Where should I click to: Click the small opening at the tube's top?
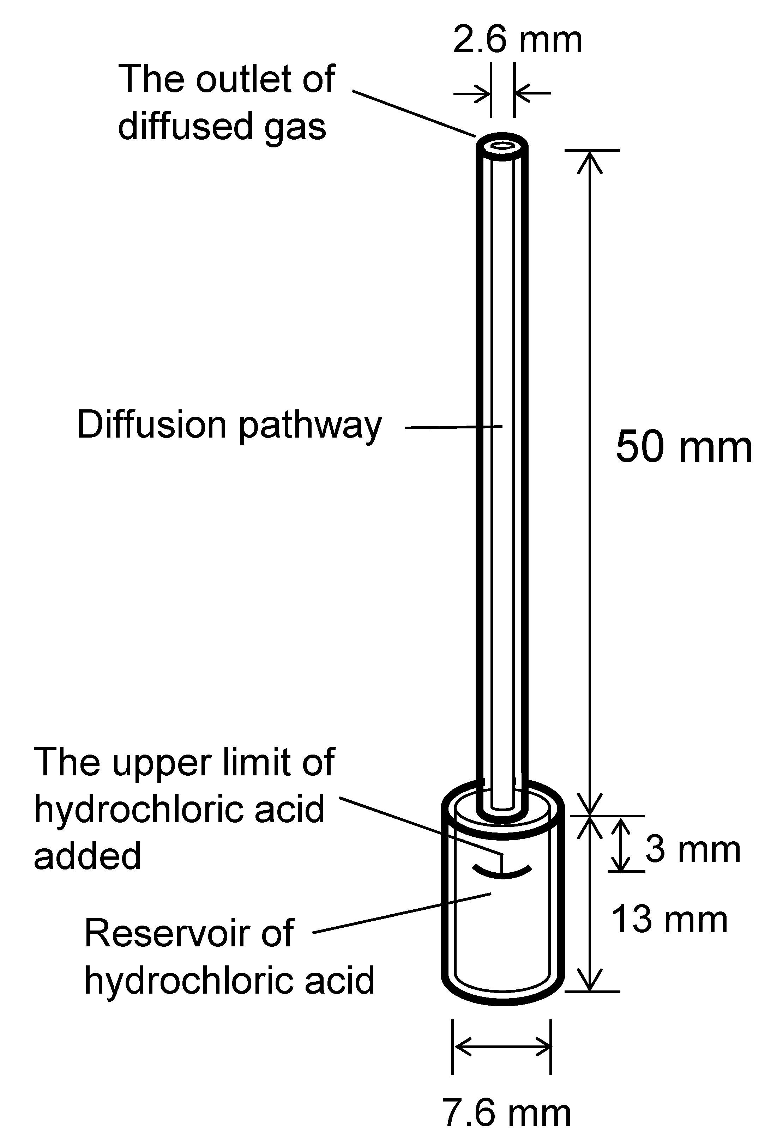tap(502, 145)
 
